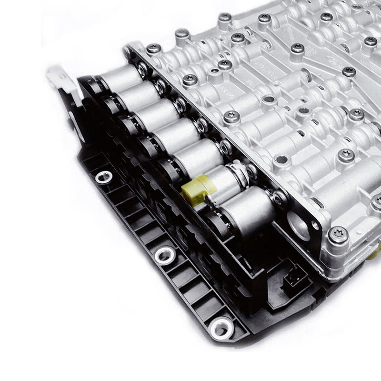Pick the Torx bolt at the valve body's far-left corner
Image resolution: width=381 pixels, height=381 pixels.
tap(153, 48)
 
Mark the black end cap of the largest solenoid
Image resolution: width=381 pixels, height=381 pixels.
tap(217, 224)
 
